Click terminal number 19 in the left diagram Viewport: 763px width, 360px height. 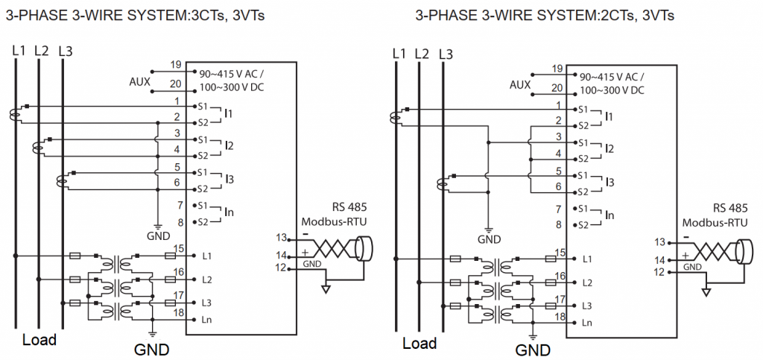177,65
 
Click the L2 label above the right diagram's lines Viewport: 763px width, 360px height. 422,54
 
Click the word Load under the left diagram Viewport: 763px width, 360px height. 39,340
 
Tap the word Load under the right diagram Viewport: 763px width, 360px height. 420,343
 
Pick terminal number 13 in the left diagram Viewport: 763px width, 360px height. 282,239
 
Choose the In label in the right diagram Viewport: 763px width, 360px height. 610,215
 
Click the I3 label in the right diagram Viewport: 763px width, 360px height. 610,181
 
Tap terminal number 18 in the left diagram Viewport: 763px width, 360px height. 178,312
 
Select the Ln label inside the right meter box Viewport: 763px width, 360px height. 587,323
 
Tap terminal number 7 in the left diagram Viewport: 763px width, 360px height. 177,204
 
